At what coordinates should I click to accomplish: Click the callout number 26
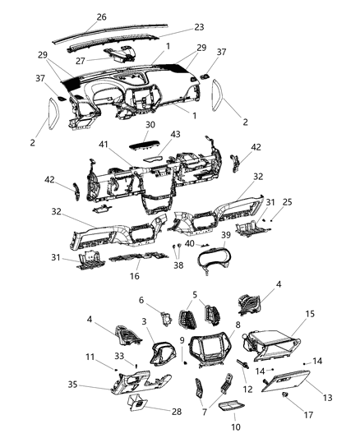click(101, 16)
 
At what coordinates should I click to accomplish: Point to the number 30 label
click(149, 125)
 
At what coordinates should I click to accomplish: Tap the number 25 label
click(286, 201)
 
